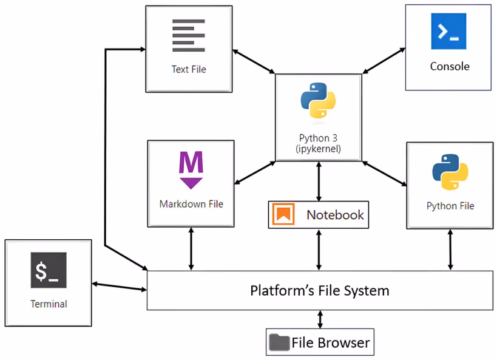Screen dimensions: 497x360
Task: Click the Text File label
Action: (x=189, y=69)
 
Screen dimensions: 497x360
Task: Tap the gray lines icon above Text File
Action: (x=189, y=36)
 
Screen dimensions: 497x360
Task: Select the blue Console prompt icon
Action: (x=448, y=31)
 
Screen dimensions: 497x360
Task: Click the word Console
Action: (x=450, y=66)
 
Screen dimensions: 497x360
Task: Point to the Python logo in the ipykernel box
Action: (x=318, y=100)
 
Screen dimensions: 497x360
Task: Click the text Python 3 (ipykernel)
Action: (x=318, y=143)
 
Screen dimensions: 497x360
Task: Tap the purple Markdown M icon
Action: (x=191, y=170)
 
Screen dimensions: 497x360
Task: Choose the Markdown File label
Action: (x=191, y=204)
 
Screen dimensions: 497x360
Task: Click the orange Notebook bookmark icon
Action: (x=283, y=214)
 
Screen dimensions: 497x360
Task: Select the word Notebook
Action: (x=335, y=215)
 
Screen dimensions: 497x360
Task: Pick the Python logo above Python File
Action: (x=450, y=172)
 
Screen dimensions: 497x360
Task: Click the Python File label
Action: (x=450, y=206)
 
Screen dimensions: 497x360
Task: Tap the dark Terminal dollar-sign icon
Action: (x=49, y=270)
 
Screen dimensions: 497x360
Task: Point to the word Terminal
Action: (x=49, y=304)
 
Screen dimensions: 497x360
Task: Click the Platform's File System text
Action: (x=320, y=291)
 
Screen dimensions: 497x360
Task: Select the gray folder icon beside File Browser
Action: (x=279, y=342)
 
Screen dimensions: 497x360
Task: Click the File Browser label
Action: (x=331, y=342)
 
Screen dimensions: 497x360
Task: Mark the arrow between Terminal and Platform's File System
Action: (x=119, y=287)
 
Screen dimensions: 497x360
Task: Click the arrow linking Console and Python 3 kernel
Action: (x=384, y=61)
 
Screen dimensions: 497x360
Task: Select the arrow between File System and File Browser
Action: (x=320, y=319)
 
